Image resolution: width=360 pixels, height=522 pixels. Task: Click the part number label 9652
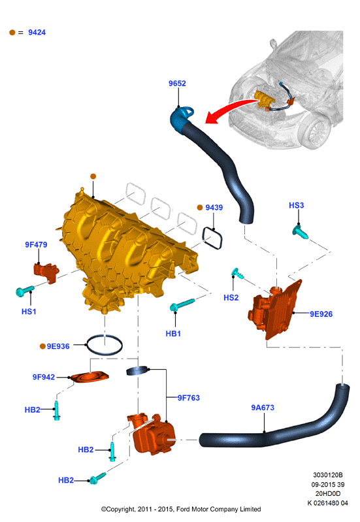tap(177, 83)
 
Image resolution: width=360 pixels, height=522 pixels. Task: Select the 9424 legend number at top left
tap(37, 32)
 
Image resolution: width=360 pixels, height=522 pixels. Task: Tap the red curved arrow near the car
tap(230, 110)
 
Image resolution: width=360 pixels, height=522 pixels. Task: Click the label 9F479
tap(36, 245)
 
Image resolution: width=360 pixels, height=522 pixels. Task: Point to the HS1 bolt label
tap(29, 312)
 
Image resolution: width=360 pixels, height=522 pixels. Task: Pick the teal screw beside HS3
tap(300, 232)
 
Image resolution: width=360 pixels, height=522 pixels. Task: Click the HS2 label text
tap(231, 298)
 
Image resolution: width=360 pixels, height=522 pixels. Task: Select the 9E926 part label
tap(321, 314)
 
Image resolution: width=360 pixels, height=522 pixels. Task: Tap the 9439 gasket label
tap(214, 207)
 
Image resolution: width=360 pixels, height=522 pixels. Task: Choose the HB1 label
tap(173, 334)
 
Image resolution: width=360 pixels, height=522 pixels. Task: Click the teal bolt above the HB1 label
tap(182, 304)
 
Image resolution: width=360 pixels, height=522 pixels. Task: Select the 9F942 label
tap(44, 377)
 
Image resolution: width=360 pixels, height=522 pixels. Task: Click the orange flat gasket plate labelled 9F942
tap(90, 378)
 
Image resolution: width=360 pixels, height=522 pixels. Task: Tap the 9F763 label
tap(188, 398)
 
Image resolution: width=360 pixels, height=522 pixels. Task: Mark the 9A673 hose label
tap(263, 408)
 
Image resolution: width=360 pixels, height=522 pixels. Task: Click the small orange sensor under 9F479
tap(46, 272)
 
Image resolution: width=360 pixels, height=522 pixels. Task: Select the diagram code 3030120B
tap(328, 475)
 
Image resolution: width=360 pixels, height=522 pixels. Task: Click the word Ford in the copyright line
tap(183, 509)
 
